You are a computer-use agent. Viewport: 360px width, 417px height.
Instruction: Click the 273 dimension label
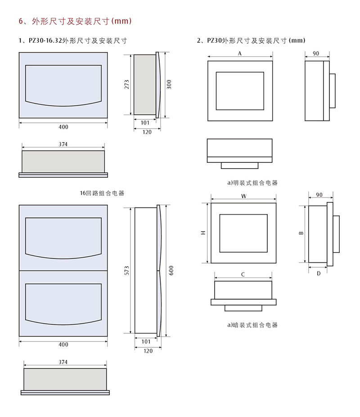[x=127, y=84]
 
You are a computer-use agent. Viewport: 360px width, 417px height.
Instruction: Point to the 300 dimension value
[x=169, y=84]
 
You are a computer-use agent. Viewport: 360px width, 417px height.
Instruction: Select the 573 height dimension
[x=127, y=270]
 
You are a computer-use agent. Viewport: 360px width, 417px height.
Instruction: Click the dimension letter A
[x=240, y=53]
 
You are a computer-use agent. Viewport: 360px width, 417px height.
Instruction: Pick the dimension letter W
[x=243, y=196]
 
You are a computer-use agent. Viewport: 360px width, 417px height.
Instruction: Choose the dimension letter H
[x=203, y=233]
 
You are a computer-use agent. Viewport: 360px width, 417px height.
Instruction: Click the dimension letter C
[x=243, y=274]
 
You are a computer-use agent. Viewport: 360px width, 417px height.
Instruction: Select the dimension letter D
[x=318, y=273]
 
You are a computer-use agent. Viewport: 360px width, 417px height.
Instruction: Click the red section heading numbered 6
[x=74, y=21]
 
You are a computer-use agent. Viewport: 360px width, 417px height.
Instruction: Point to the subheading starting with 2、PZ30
[x=251, y=40]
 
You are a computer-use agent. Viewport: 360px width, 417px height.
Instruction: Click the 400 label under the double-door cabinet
[x=63, y=345]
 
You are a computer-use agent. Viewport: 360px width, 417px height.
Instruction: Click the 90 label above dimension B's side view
[x=319, y=195]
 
